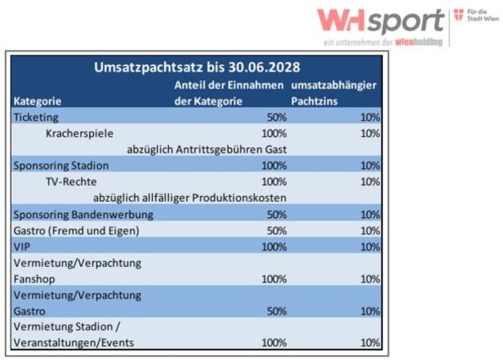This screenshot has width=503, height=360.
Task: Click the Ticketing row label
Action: [36, 117]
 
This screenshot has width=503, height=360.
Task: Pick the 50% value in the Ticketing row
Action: [276, 117]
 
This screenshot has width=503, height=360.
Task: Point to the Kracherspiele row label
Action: [79, 133]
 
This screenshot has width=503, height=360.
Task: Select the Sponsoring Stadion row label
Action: [61, 166]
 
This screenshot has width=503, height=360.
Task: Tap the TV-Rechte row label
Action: [72, 181]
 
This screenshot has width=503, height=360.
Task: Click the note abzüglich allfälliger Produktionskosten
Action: [189, 198]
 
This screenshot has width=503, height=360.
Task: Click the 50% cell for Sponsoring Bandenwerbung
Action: [276, 214]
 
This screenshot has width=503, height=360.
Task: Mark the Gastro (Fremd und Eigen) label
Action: [76, 230]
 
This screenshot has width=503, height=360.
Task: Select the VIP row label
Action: [22, 246]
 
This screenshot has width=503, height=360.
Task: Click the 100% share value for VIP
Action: [274, 246]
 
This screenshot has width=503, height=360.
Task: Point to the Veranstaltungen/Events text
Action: [73, 343]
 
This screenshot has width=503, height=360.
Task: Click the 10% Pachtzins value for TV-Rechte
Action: [370, 181]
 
